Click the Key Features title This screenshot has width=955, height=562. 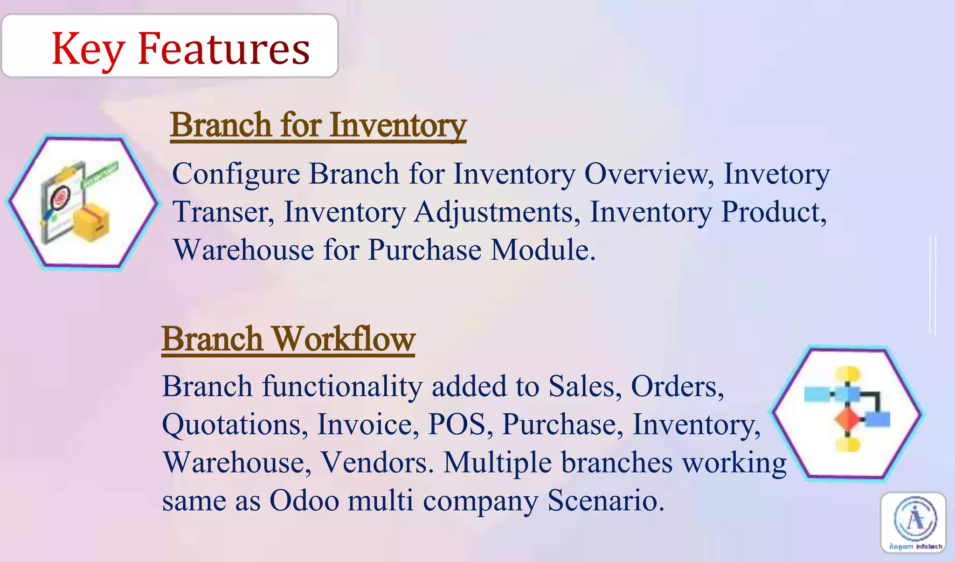coord(180,49)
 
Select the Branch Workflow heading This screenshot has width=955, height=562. coord(288,339)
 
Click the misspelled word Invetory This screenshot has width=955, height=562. coord(776,174)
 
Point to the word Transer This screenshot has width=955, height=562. coord(223,212)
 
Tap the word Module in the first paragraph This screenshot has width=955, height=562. coord(543,250)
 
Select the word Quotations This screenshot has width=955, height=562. coord(235,424)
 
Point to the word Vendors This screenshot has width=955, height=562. coord(377,463)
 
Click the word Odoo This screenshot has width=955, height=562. coord(304,500)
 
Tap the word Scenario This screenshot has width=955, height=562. coord(605,500)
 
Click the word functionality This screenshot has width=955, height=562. coord(342,387)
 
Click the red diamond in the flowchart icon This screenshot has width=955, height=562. coord(847,419)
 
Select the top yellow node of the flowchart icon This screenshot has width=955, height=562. coord(847,373)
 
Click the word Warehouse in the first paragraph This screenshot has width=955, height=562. coord(244,250)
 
